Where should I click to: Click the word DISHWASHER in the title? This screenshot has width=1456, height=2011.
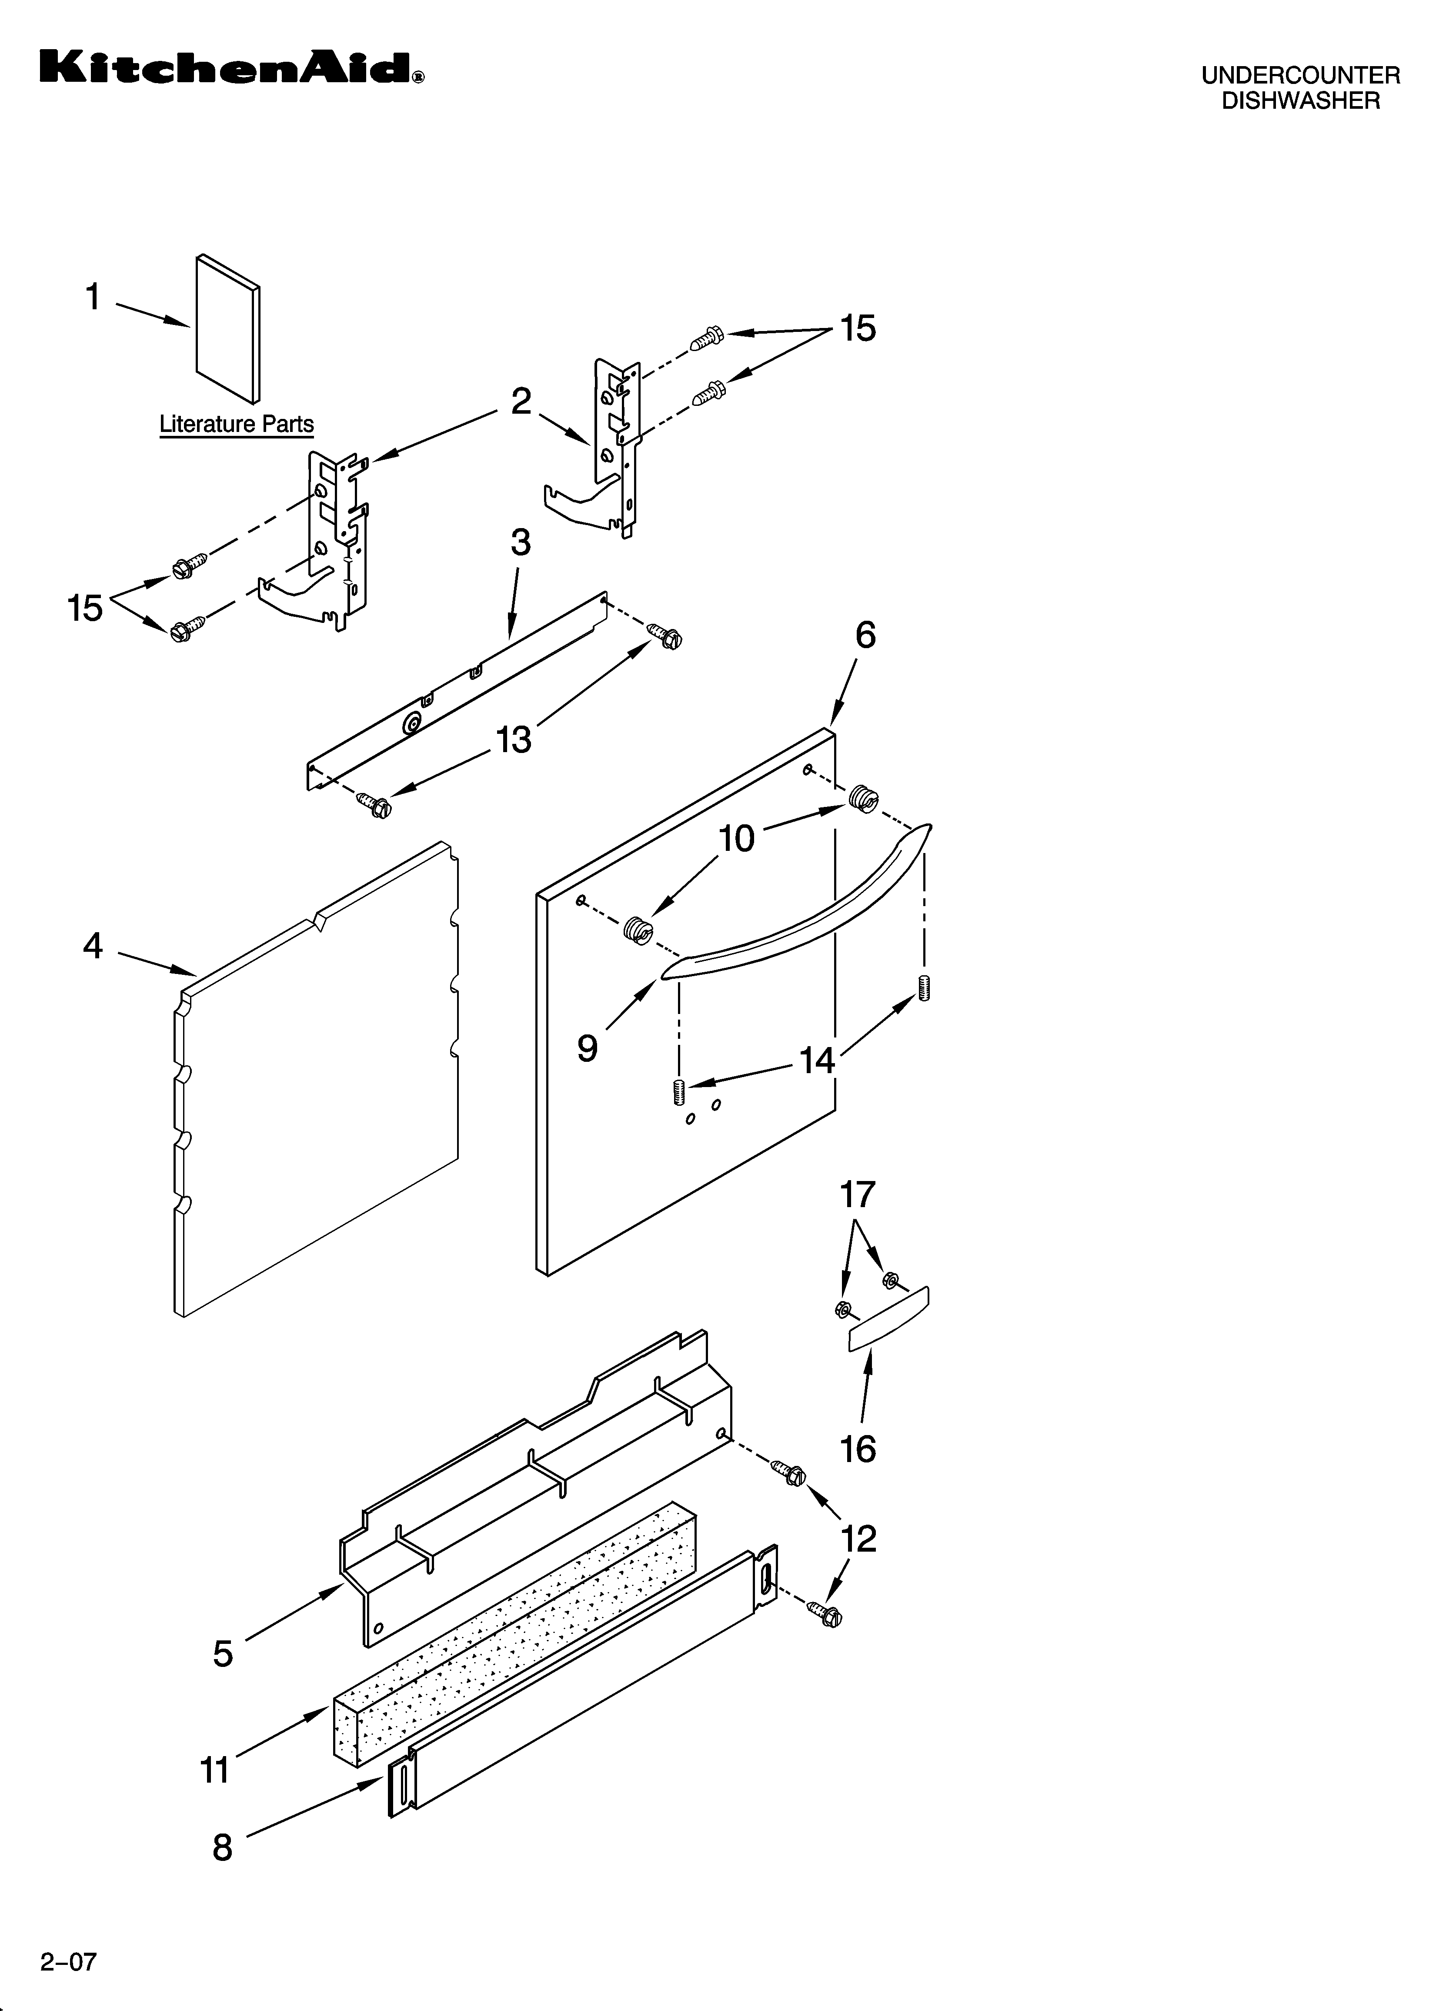click(x=1300, y=101)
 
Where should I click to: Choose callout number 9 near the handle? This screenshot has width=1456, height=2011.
click(x=587, y=1048)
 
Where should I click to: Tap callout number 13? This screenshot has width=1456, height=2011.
click(x=514, y=739)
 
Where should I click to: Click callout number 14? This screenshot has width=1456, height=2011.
click(x=817, y=1060)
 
